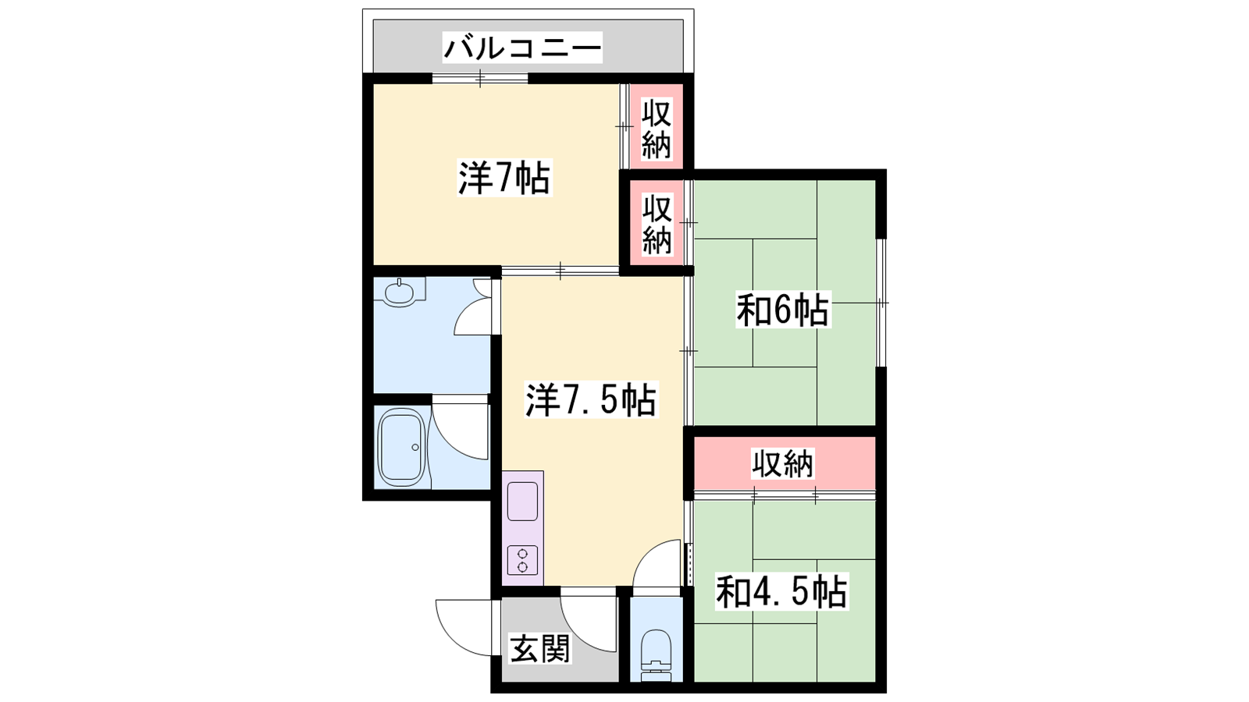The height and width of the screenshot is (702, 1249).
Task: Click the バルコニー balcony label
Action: [x=522, y=48]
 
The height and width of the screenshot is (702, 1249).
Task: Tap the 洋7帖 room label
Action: [x=504, y=178]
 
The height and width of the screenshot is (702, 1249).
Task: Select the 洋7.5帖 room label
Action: [x=592, y=399]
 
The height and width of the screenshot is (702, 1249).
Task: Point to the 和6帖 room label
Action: [x=783, y=309]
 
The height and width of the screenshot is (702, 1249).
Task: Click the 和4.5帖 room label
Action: [x=781, y=592]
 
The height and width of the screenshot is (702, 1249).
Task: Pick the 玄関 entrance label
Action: [x=540, y=648]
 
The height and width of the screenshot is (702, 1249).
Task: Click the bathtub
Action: [x=401, y=448]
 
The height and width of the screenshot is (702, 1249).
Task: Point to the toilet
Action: [x=657, y=655]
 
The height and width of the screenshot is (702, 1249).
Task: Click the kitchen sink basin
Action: [x=522, y=502]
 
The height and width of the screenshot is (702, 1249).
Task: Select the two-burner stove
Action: [x=522, y=560]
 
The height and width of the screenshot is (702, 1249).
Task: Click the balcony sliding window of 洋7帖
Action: [x=480, y=79]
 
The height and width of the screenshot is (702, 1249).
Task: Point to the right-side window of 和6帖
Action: [x=881, y=303]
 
